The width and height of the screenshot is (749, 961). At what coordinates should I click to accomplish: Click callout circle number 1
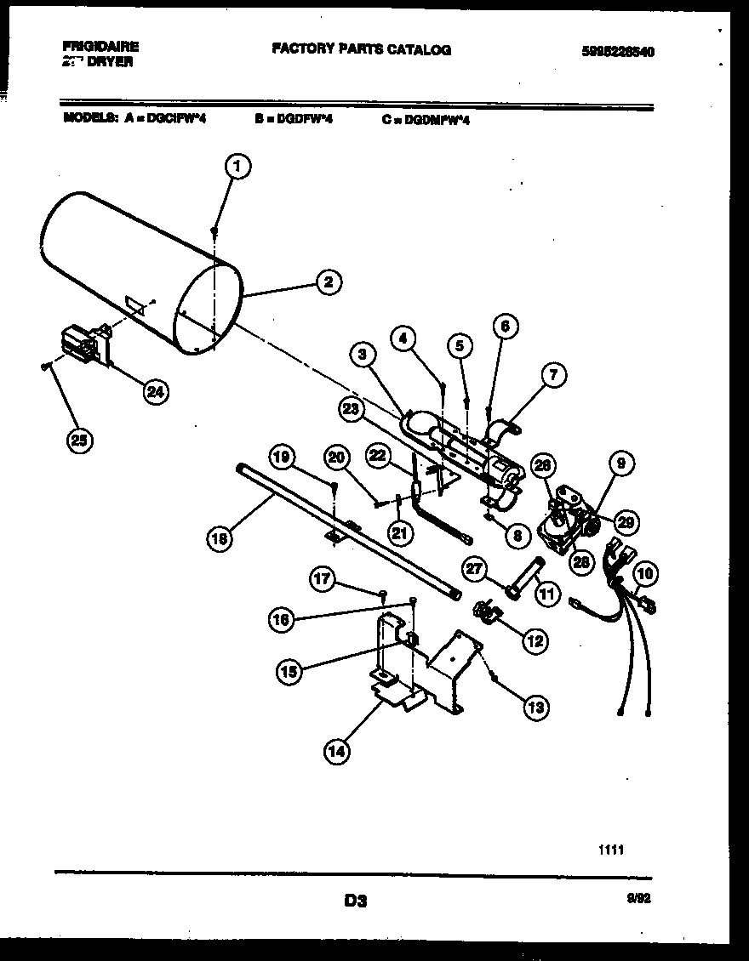coord(238,168)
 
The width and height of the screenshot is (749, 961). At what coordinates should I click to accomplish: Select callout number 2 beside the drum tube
coord(328,283)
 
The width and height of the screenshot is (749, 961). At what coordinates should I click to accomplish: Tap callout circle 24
coord(155,391)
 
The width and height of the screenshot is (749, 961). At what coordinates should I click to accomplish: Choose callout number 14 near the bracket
coord(336,750)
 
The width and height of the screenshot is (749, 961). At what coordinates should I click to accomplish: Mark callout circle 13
coord(536,705)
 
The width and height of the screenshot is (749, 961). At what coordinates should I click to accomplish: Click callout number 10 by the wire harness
coord(644,575)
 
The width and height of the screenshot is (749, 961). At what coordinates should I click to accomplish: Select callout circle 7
coord(553,373)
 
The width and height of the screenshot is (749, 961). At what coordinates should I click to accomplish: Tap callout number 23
coord(351,408)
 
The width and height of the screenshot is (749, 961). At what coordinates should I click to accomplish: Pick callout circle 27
coord(476,567)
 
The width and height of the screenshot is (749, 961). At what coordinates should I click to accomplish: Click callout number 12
coord(535,641)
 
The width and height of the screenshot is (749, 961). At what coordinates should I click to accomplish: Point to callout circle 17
coord(321,580)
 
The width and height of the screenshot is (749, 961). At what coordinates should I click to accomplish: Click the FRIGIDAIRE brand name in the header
coord(100,47)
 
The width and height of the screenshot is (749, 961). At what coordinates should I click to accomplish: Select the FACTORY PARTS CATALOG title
coord(361,50)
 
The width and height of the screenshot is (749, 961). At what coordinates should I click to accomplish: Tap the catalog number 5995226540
coord(618,51)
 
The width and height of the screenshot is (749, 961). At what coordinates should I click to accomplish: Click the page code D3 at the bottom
coord(356,900)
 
